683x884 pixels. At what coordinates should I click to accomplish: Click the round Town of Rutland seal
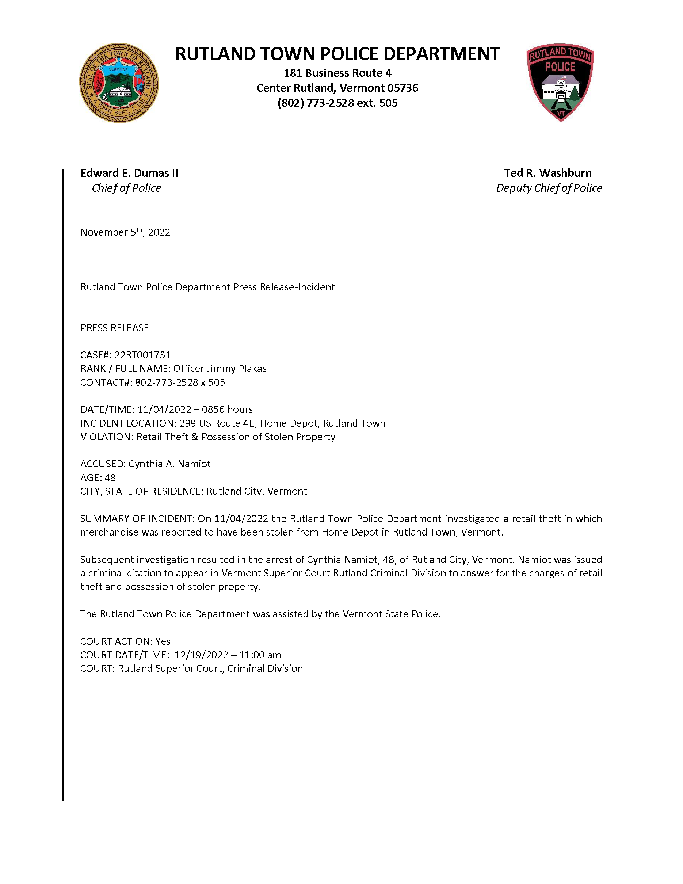[x=119, y=83]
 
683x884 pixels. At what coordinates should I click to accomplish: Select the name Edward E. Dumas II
[x=129, y=173]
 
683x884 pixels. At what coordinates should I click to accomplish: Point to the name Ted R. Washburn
[x=547, y=173]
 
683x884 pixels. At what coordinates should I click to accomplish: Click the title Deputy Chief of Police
[x=549, y=188]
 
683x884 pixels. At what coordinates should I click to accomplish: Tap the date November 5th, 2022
[x=125, y=232]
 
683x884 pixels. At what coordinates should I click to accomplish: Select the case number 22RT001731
[x=142, y=355]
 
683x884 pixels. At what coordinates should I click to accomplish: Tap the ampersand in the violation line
[x=195, y=437]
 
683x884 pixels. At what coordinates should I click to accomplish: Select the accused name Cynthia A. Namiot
[x=169, y=464]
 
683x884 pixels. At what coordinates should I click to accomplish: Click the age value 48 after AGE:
[x=110, y=478]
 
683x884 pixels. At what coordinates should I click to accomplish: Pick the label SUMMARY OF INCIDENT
[x=136, y=519]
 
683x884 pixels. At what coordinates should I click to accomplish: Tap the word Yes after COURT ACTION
[x=163, y=641]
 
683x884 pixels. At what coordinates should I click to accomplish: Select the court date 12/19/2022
[x=201, y=655]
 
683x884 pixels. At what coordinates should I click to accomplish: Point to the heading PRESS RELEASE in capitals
[x=115, y=328]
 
